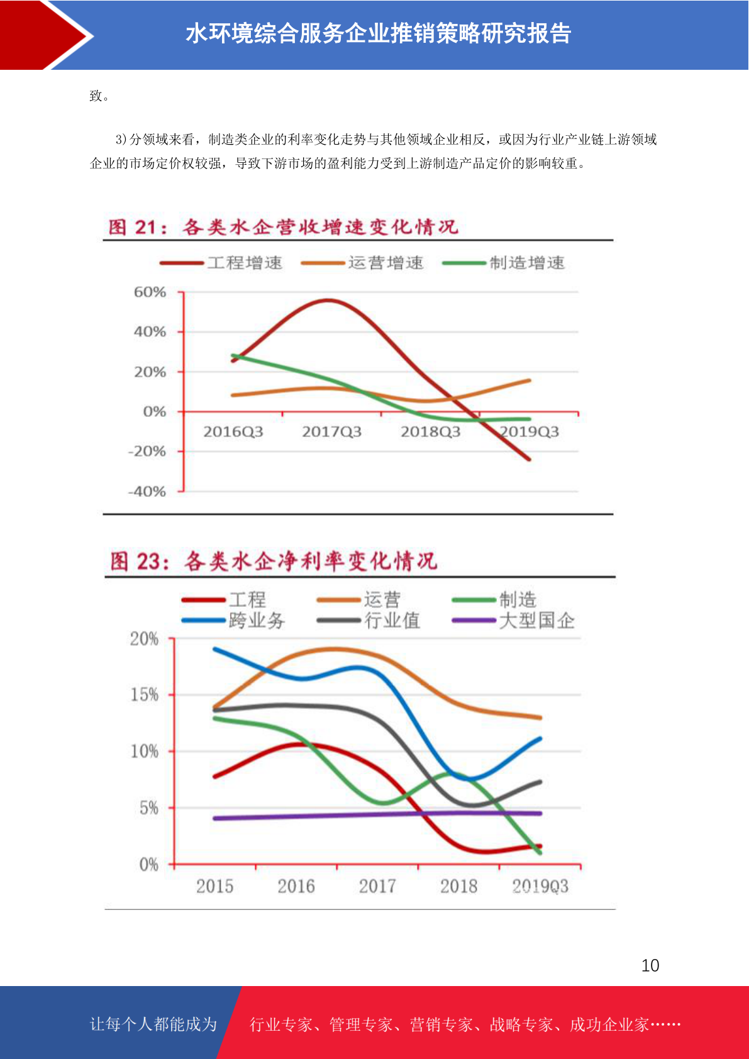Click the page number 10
(x=650, y=965)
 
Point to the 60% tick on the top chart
(x=150, y=292)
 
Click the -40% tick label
(x=147, y=491)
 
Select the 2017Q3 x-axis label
(x=331, y=431)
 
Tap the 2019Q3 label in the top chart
(x=529, y=431)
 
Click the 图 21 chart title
(x=283, y=227)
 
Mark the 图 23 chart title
(x=274, y=561)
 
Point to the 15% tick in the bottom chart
(x=145, y=695)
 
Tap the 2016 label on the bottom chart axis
(x=296, y=886)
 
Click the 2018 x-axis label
(x=458, y=886)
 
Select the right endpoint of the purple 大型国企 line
(x=540, y=813)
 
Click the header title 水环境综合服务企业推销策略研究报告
(x=378, y=33)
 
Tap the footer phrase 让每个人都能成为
(x=153, y=1024)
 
